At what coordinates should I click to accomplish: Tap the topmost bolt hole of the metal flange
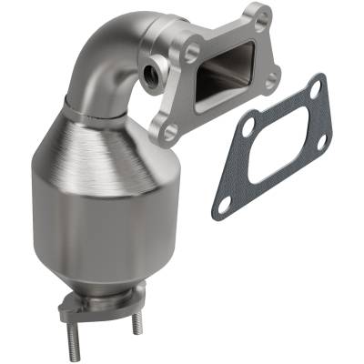(261, 15)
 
